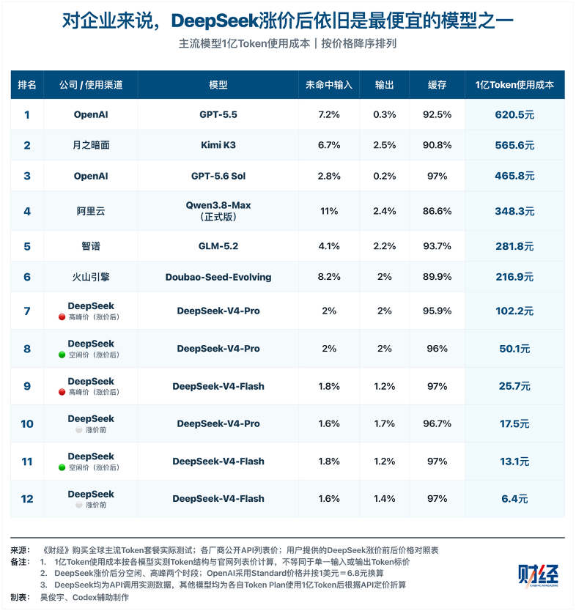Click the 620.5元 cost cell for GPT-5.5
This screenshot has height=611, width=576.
514,114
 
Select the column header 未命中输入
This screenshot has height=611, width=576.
329,85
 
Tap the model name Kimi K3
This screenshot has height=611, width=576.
218,145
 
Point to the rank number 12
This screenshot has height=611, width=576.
27,499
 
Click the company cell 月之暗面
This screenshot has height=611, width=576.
91,145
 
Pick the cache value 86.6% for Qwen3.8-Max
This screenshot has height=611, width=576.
437,211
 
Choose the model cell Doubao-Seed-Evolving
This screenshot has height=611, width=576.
218,277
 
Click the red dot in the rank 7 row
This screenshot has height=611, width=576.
62,317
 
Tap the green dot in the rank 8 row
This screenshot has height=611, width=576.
62,355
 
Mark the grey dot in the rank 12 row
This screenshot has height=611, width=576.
78,505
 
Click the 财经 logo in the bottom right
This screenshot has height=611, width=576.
538,576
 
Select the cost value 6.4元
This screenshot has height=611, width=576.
514,499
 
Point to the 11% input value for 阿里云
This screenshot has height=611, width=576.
329,211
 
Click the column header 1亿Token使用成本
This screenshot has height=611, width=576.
514,85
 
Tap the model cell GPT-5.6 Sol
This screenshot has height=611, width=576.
218,176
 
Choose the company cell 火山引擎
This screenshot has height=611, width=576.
91,277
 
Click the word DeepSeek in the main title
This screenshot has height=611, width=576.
215,21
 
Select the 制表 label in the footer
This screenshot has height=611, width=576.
21,597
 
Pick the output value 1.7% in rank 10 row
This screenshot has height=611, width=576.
384,423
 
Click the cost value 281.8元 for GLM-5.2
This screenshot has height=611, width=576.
514,246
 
